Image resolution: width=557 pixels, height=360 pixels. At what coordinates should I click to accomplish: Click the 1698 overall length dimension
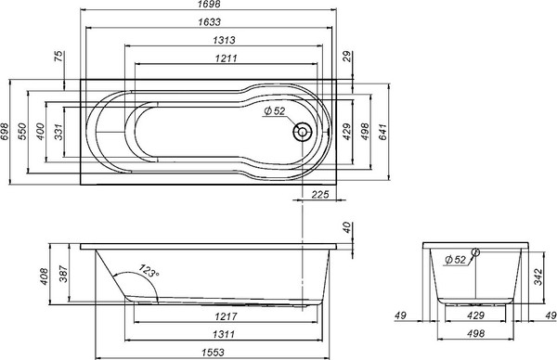pyautogui.click(x=211, y=6)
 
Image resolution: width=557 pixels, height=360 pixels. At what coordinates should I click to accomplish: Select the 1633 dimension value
pyautogui.click(x=211, y=22)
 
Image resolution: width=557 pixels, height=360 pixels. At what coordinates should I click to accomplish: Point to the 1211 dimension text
pyautogui.click(x=211, y=58)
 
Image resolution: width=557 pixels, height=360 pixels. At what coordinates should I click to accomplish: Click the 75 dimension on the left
pyautogui.click(x=59, y=58)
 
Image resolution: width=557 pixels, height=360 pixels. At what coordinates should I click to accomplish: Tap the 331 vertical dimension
pyautogui.click(x=59, y=132)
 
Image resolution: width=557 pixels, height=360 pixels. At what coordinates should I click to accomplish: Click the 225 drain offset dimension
pyautogui.click(x=321, y=194)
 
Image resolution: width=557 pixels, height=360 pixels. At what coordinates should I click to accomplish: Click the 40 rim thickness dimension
pyautogui.click(x=346, y=226)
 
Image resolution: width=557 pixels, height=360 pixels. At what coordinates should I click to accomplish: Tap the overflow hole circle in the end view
pyautogui.click(x=475, y=251)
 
